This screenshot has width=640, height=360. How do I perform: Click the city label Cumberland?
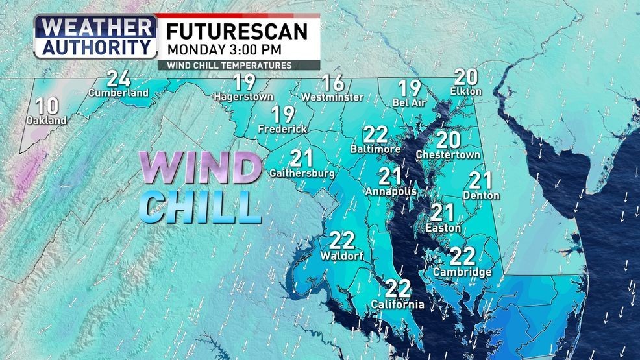(x=119, y=93)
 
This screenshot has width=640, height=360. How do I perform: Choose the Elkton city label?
(x=465, y=91)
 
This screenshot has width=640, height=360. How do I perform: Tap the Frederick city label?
(x=282, y=129)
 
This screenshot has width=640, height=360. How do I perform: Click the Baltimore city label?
(x=375, y=149)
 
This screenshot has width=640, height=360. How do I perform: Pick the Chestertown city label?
(x=448, y=155)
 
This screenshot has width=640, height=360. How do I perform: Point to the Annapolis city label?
(x=391, y=191)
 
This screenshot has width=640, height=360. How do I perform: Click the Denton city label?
(x=482, y=195)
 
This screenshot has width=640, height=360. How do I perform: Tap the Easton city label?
(x=443, y=228)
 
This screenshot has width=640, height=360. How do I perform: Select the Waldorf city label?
(x=341, y=256)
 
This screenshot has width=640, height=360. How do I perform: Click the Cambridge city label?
(x=463, y=272)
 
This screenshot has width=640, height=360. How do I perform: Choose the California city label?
(x=397, y=304)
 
